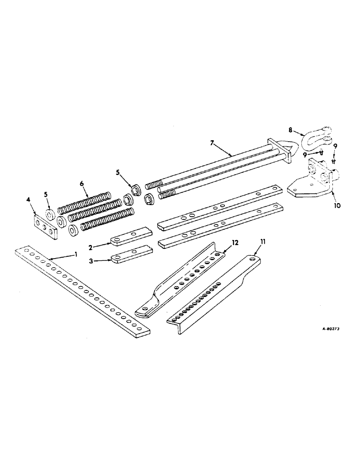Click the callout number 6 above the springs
[x=83, y=184]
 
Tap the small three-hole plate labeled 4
[x=45, y=227]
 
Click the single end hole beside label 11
[x=254, y=257]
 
